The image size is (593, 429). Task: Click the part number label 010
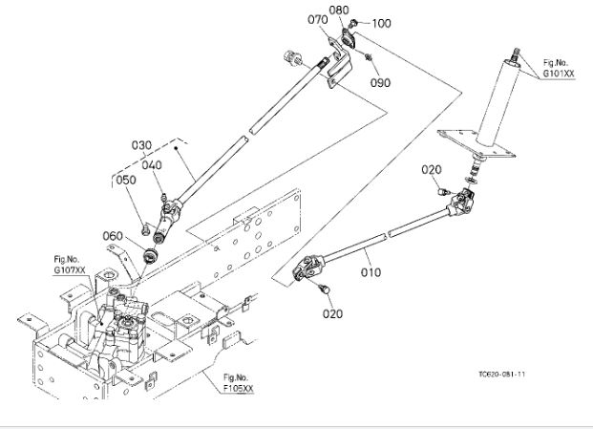tap(371, 272)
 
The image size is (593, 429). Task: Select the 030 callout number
tap(141, 145)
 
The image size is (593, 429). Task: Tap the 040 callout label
tap(153, 163)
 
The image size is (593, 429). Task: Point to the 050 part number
tap(126, 180)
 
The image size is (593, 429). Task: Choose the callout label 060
tap(114, 236)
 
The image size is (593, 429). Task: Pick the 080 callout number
tap(339, 11)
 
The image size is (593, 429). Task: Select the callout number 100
tap(381, 22)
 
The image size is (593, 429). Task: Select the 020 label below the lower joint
tap(331, 312)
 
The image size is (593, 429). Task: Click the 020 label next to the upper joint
tap(432, 169)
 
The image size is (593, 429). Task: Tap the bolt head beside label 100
tap(353, 21)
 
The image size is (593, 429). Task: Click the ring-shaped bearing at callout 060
tap(149, 255)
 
